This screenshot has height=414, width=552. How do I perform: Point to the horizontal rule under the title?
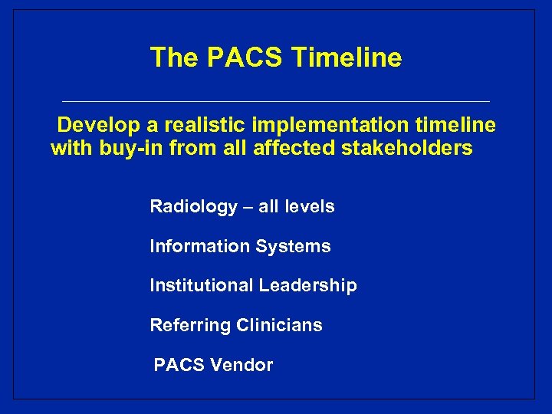point(276,101)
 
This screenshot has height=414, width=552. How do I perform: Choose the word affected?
point(292,148)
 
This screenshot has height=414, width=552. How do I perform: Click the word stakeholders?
point(407,148)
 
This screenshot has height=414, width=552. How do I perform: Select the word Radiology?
point(193,206)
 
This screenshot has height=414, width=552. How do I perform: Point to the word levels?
point(309,206)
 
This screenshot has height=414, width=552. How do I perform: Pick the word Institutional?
point(202,286)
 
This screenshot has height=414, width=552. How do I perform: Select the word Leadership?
point(307,286)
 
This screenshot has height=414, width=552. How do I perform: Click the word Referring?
point(190,325)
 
